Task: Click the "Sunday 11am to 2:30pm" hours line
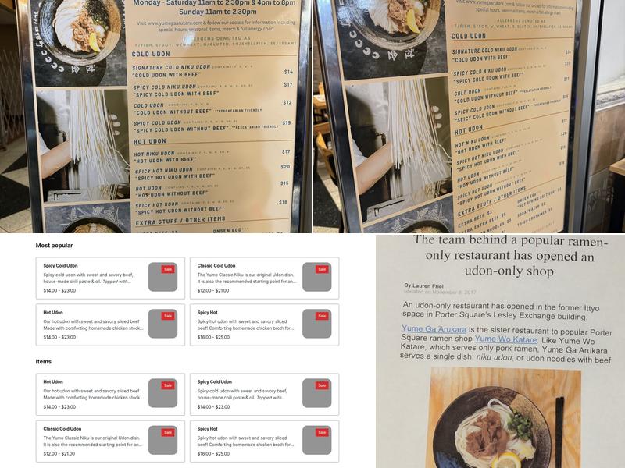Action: click(213, 12)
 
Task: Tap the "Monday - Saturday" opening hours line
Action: click(213, 3)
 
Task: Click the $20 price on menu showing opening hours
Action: click(285, 167)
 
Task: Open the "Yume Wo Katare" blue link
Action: click(505, 339)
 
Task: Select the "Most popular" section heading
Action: click(54, 245)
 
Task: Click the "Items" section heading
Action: click(45, 362)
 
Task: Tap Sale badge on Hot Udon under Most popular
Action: click(167, 316)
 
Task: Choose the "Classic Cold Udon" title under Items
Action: click(62, 428)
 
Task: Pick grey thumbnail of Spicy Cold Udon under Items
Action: click(316, 393)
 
